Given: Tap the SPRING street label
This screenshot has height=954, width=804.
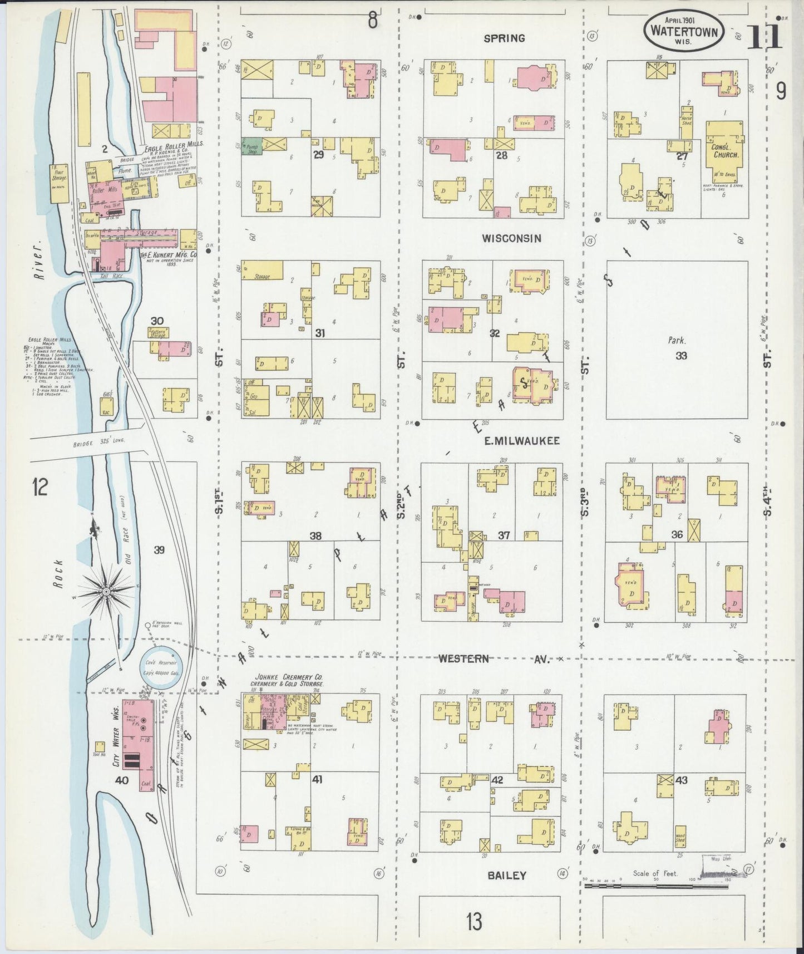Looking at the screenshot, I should click(504, 38).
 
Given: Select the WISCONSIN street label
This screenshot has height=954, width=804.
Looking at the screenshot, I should click(511, 238).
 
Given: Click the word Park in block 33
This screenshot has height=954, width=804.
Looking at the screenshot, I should click(678, 341).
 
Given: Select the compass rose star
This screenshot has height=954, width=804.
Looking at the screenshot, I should click(106, 588).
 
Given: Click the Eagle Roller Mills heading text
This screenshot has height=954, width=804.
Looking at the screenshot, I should click(173, 143).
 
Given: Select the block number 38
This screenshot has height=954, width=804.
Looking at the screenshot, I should click(315, 535).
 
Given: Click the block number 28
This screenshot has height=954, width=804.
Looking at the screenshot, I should click(501, 155).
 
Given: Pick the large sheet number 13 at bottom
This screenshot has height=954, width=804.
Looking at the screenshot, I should click(475, 922).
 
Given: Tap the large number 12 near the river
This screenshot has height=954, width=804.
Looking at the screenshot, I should click(40, 488).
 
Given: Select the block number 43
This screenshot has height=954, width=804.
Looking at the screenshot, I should click(681, 780).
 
